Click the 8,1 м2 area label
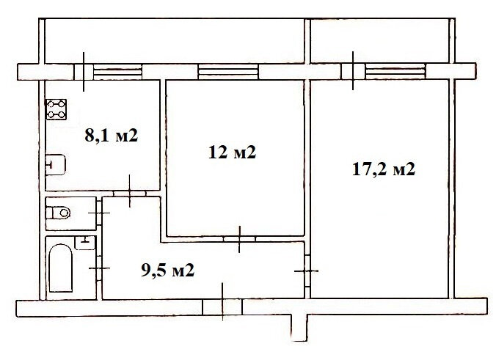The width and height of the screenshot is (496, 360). point(112,136)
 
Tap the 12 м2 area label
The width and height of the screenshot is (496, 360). point(232,153)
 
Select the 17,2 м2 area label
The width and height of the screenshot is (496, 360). point(384,169)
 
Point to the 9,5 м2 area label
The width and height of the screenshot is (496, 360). point(167,271)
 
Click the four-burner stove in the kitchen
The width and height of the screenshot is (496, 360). point(56,109)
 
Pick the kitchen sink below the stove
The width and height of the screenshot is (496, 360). point(56,165)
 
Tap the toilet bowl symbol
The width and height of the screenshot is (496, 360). point(58,213)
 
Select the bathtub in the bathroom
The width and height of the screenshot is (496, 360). point(60,268)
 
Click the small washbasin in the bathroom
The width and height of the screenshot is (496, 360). point(84,243)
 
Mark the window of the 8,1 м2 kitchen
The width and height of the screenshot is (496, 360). point(117,72)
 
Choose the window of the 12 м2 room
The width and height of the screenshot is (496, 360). point(228,72)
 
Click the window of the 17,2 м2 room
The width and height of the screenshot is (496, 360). point(395,71)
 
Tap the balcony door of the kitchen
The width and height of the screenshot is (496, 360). point(84,72)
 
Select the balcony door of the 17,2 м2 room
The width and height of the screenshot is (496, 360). point(354,71)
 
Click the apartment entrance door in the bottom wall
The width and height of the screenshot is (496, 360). point(222,307)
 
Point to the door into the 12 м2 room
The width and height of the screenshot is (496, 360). point(239,239)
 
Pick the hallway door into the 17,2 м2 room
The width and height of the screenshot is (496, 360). point(307,271)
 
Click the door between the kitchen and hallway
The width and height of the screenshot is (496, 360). point(130,194)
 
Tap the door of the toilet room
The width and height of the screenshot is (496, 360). point(99,213)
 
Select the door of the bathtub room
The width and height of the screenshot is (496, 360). point(99,268)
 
